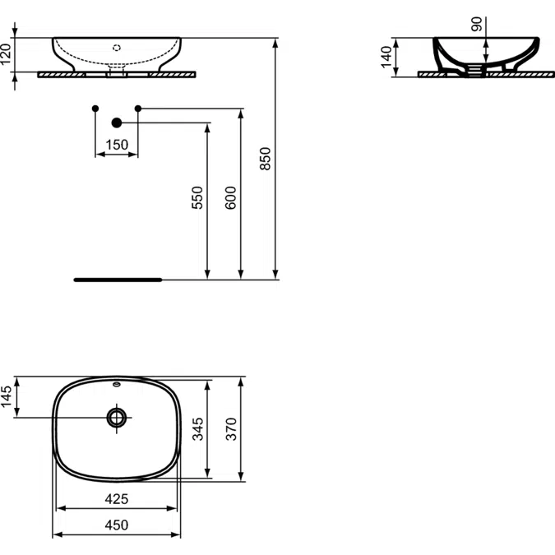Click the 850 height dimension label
click(265, 159)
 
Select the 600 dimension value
click(231, 197)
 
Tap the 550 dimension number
click(197, 197)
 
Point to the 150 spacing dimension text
click(117, 145)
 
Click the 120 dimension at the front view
click(6, 54)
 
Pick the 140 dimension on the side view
click(386, 57)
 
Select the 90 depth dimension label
click(477, 24)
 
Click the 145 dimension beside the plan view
click(6, 397)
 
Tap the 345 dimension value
click(198, 429)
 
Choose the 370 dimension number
click(231, 429)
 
